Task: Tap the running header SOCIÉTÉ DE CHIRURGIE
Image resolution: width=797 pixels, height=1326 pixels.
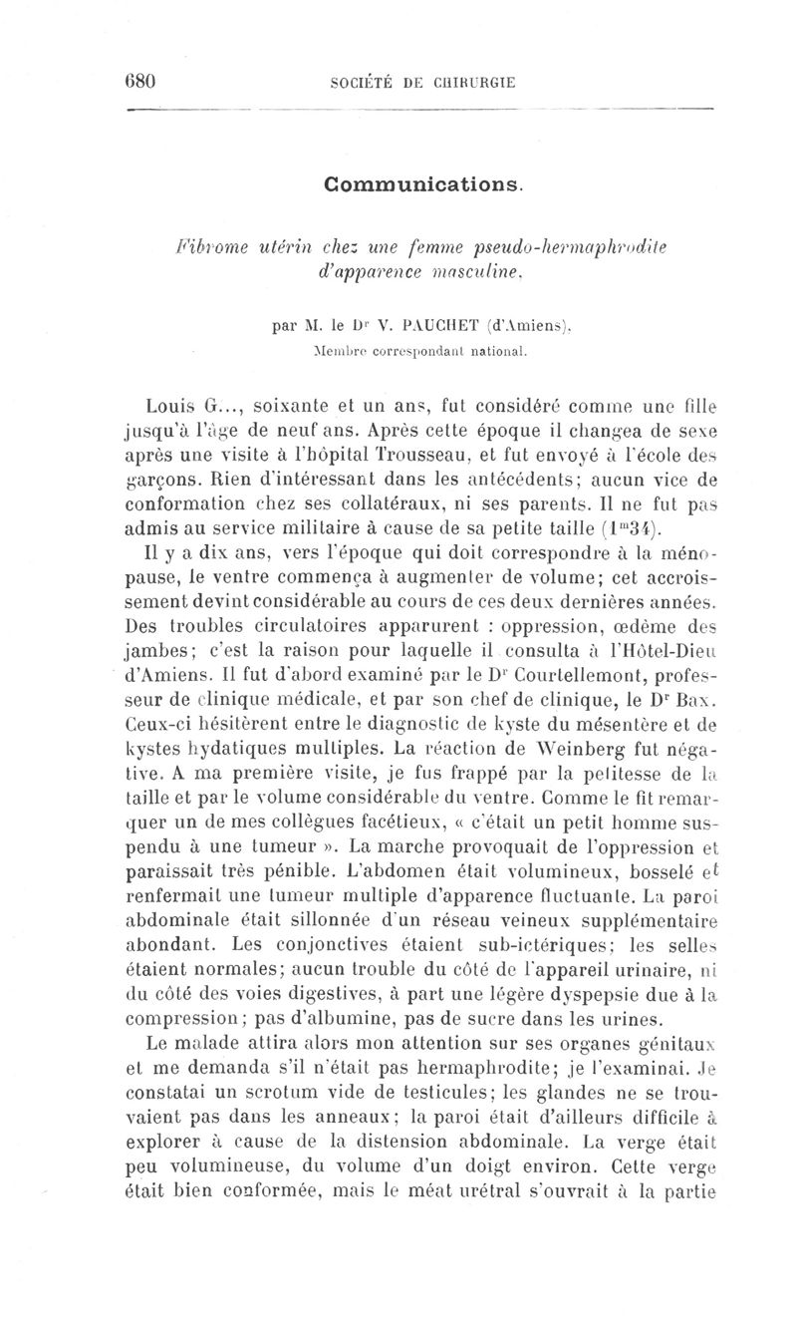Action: [422, 83]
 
